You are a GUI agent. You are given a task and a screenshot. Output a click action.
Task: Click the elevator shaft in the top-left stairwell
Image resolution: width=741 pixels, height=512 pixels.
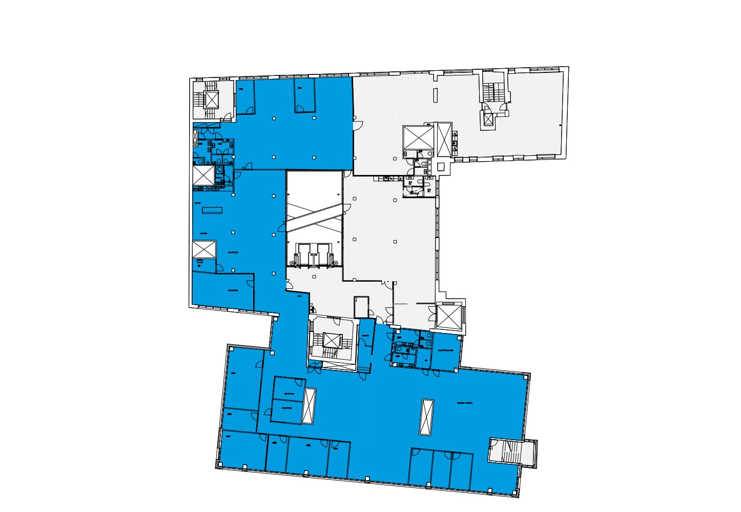(211, 99)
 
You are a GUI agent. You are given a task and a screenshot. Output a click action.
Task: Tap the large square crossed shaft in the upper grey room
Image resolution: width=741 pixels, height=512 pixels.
(418, 137)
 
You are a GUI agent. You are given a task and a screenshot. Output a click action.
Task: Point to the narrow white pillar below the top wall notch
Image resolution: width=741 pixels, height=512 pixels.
(436, 95)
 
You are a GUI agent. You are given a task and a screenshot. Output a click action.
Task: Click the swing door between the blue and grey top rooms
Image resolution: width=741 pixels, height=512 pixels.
(358, 124)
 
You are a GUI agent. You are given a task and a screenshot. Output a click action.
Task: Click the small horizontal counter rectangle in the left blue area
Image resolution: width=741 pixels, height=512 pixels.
(212, 210)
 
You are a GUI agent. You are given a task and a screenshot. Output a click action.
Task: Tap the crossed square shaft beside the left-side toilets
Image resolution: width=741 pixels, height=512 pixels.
(203, 176)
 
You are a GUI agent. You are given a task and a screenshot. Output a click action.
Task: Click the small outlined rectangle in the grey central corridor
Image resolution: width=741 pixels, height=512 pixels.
(361, 307)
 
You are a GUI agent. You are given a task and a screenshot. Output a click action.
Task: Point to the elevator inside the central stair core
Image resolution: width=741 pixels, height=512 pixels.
(332, 340)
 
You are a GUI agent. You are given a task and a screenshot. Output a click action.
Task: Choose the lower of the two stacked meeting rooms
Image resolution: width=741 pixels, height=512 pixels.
(286, 411)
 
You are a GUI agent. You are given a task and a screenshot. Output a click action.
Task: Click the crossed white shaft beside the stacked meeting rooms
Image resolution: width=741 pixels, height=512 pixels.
(309, 405)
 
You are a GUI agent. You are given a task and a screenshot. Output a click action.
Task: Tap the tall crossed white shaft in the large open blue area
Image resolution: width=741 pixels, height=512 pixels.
(426, 417)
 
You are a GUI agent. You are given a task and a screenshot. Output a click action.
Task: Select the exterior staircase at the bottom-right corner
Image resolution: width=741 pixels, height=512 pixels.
(510, 451)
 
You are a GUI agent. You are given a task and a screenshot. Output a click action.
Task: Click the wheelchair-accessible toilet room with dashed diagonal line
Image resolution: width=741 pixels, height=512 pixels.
(413, 192)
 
